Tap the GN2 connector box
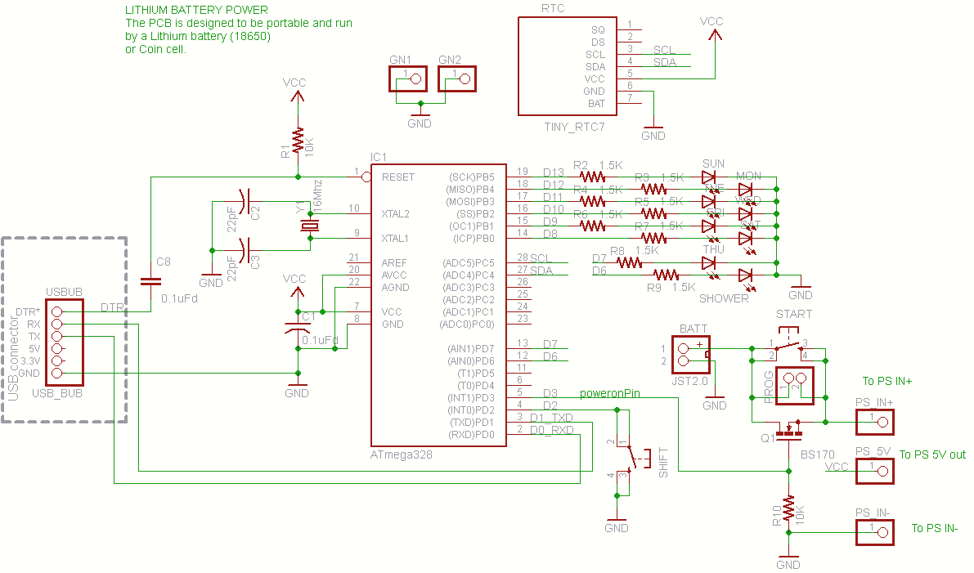[457, 79]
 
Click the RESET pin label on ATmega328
[398, 177]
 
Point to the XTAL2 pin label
[395, 214]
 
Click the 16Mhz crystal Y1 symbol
[309, 226]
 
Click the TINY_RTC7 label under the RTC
[574, 127]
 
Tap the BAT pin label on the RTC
[596, 104]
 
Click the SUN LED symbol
[709, 177]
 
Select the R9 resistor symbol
[666, 275]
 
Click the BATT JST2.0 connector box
[689, 354]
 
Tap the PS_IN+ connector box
[874, 422]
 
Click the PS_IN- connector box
[874, 533]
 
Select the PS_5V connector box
[874, 470]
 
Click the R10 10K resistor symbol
[788, 509]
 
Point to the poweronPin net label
[609, 393]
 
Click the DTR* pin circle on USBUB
[56, 311]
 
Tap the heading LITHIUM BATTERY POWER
[195, 11]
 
